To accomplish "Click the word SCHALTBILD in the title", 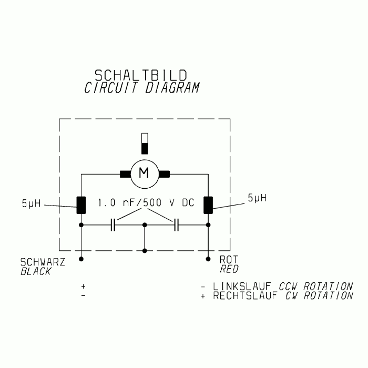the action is (141, 75).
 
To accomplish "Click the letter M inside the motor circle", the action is (144, 173).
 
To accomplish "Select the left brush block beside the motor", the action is (125, 174).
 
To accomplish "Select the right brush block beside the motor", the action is (164, 174).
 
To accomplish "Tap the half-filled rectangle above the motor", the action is (145, 144).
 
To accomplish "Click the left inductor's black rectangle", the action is (81, 205).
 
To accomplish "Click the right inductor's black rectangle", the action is (208, 205).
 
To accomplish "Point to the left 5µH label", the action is (31, 203).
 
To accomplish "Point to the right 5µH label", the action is (257, 198).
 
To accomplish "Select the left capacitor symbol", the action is (113, 225).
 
